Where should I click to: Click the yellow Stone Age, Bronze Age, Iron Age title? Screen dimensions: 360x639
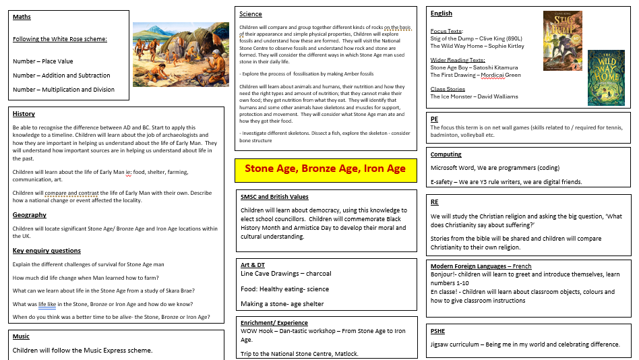(325, 169)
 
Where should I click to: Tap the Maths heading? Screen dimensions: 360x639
(22, 17)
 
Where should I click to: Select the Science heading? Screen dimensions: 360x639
(251, 13)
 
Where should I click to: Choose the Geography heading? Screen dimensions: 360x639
(30, 214)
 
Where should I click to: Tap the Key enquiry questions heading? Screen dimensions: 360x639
(47, 251)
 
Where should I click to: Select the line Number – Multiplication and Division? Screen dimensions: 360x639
(63, 89)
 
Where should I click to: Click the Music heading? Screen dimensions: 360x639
(21, 336)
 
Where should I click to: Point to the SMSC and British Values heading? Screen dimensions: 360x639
(274, 197)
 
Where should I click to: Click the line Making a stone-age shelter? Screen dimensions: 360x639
(282, 304)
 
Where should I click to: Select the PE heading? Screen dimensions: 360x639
(434, 119)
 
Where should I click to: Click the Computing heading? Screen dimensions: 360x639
(446, 154)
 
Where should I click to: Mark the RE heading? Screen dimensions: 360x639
(434, 202)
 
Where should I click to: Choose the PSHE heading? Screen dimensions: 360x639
(437, 331)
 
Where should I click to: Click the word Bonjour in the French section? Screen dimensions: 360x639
(443, 274)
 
